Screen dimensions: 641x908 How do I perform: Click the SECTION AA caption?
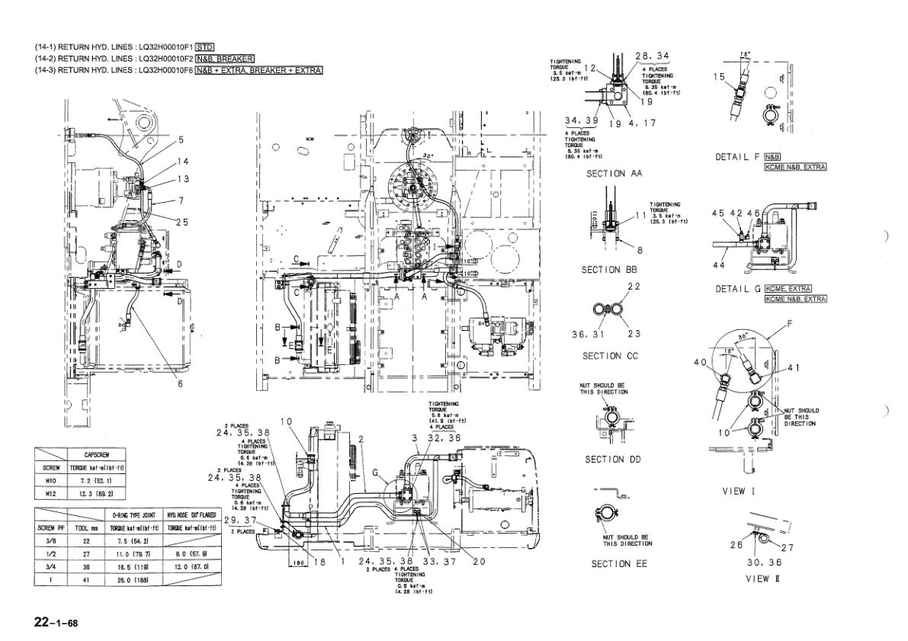point(614,174)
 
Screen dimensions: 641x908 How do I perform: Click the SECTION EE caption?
point(620,564)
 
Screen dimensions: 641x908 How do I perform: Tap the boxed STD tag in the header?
point(204,46)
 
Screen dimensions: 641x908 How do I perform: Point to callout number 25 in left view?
point(182,222)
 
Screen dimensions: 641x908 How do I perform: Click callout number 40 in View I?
point(700,362)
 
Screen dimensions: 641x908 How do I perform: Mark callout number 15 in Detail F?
point(719,76)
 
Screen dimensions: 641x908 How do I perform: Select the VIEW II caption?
point(762,579)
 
